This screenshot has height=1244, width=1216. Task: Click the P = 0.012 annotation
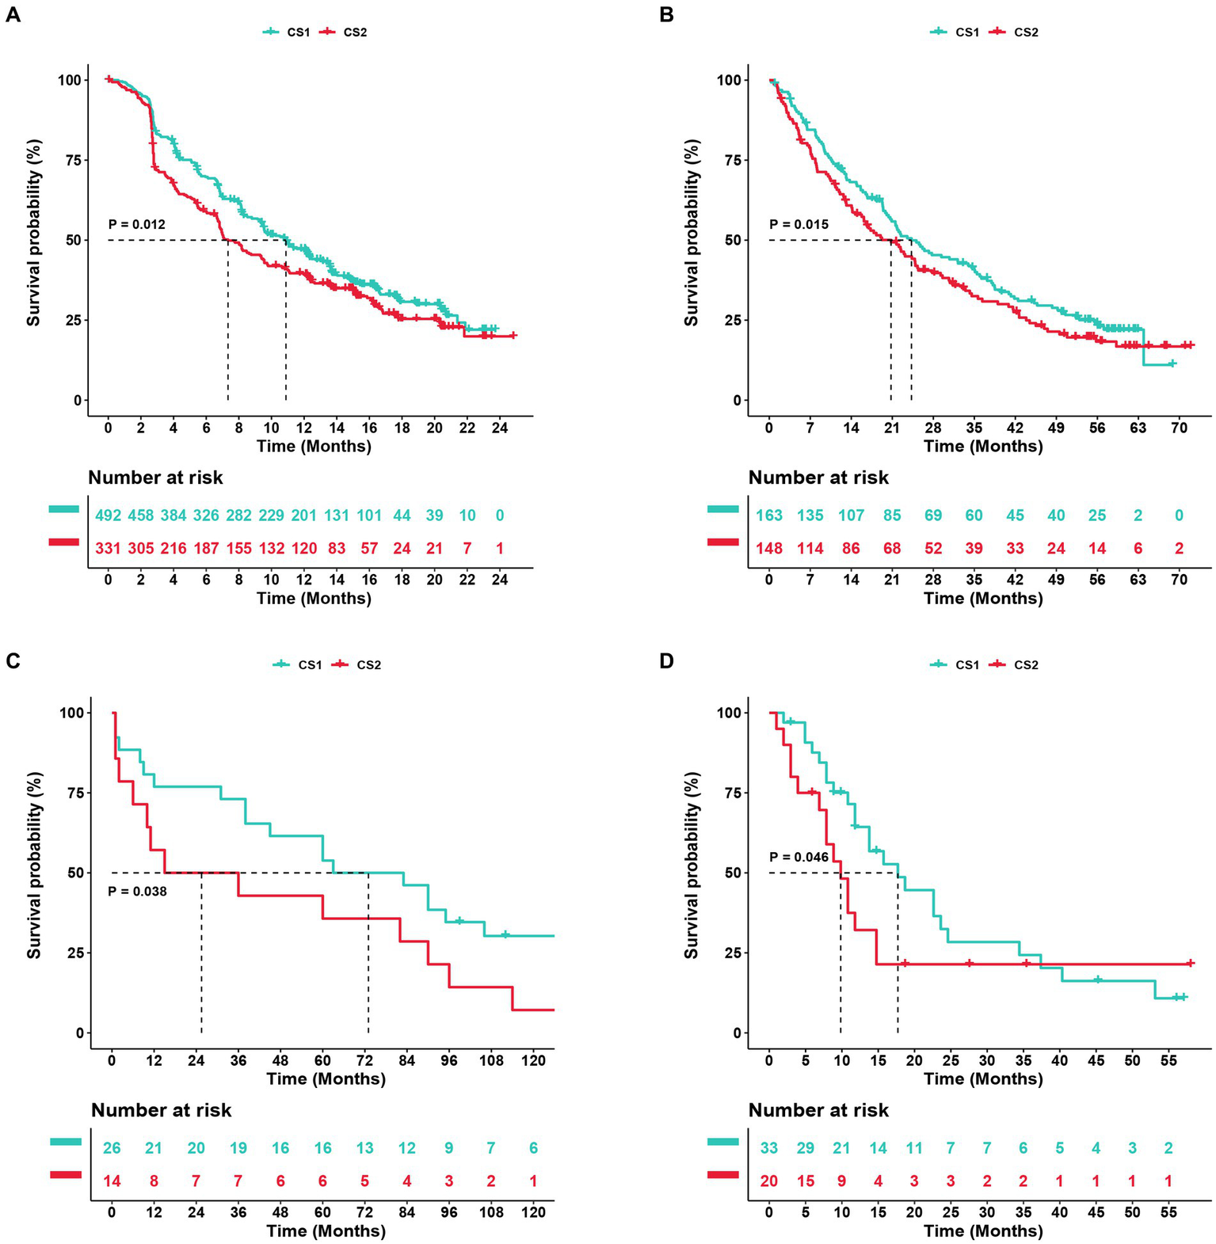click(x=137, y=225)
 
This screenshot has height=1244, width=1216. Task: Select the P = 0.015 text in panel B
click(x=799, y=225)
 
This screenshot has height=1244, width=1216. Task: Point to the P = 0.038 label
click(x=137, y=892)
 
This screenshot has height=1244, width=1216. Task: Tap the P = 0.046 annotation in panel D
click(x=799, y=858)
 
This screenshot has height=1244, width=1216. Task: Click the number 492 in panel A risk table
click(x=109, y=515)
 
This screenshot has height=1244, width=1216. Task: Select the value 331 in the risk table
click(x=109, y=548)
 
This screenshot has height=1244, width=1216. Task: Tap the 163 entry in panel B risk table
click(x=768, y=515)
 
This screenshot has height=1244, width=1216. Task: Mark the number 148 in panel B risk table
click(x=768, y=548)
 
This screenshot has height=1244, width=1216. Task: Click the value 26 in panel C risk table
click(x=112, y=1148)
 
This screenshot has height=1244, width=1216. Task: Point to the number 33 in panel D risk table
click(x=768, y=1148)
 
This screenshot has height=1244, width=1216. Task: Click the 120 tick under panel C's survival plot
click(x=533, y=1060)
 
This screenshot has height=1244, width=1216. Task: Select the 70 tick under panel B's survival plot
click(x=1179, y=428)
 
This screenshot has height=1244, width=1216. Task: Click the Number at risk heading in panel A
click(x=155, y=477)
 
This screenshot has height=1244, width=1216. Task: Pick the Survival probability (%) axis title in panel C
click(x=34, y=865)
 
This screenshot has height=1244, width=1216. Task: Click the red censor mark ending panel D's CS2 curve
click(x=1190, y=964)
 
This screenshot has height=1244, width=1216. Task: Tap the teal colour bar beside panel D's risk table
click(x=722, y=1142)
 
